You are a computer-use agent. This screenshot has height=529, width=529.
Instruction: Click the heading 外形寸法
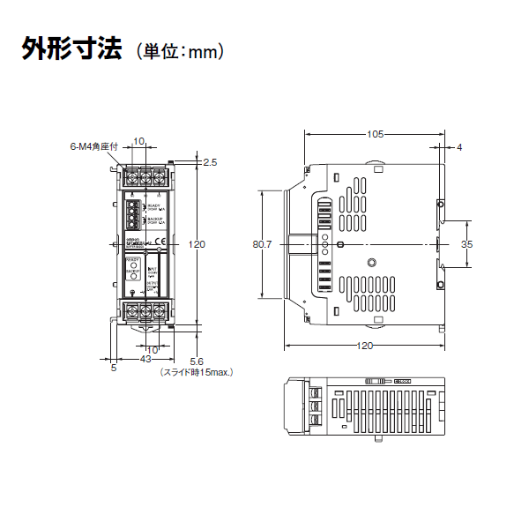(x=71, y=48)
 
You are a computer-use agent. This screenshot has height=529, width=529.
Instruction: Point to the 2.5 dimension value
(x=210, y=162)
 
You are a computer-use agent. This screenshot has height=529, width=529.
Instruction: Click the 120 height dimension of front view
(x=197, y=244)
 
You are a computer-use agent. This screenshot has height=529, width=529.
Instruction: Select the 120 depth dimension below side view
(x=364, y=346)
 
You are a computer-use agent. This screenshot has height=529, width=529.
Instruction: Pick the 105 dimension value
(x=375, y=135)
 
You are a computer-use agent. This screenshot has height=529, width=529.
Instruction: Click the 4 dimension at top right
(x=459, y=147)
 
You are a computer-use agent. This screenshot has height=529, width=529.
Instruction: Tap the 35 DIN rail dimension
(x=466, y=243)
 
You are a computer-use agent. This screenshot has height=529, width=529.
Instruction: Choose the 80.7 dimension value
(x=262, y=244)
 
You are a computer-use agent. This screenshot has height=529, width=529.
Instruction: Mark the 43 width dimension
(x=145, y=360)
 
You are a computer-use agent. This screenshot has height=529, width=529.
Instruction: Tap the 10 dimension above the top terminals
(x=138, y=141)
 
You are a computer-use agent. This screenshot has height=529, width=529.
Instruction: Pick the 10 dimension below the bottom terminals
(x=151, y=350)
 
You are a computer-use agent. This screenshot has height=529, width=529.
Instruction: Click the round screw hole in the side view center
(x=372, y=262)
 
